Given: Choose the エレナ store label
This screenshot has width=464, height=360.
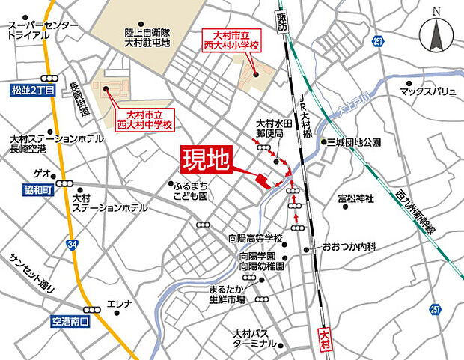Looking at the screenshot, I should (x=120, y=304).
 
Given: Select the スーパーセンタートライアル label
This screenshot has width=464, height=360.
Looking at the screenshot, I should (x=43, y=30).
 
